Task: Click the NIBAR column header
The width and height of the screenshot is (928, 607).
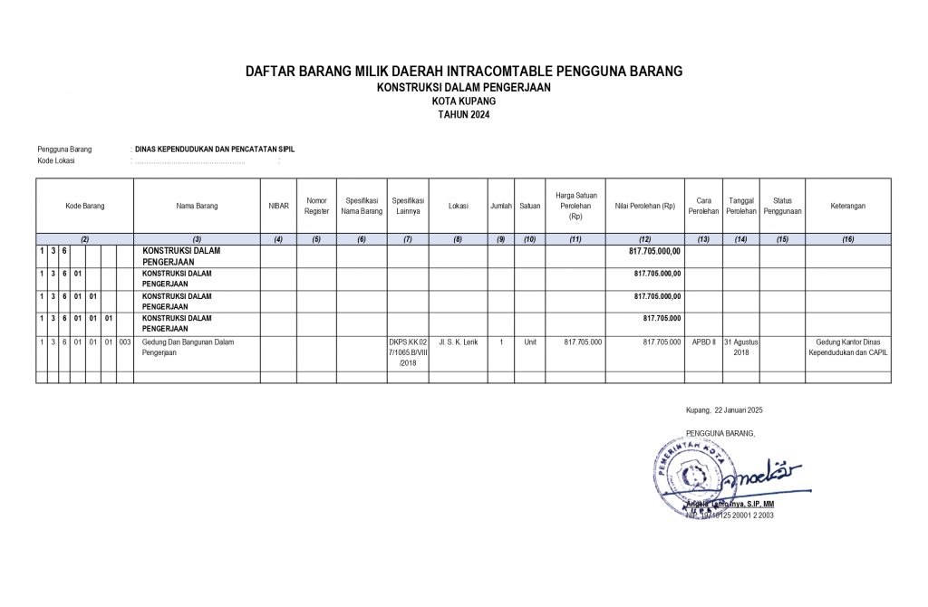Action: coord(278,206)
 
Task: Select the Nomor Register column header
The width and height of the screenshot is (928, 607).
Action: coord(316,206)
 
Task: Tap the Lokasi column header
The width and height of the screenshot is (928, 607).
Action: coord(458,206)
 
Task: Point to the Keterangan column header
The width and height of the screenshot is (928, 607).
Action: coord(847,206)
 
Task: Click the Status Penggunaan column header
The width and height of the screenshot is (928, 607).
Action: coord(782,206)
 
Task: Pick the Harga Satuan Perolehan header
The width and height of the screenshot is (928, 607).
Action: coord(575,206)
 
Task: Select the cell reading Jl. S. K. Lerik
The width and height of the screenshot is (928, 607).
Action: coord(458,342)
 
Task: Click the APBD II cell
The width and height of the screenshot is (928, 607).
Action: coord(703,342)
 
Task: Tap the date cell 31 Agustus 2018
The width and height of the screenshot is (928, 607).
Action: coord(740,347)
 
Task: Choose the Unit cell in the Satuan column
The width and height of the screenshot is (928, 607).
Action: coord(530,342)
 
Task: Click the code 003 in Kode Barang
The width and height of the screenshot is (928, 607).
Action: coord(125,342)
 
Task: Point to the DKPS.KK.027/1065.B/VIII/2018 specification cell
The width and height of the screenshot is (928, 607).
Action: coord(408,352)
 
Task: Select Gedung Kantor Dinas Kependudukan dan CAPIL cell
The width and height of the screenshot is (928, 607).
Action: coord(847,347)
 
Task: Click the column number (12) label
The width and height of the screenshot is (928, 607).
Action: coord(644,239)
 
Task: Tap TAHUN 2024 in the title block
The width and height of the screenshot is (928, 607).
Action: coord(463,115)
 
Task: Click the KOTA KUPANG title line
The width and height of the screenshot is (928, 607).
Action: coord(463,101)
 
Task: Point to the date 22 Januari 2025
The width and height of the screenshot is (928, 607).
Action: coord(725,410)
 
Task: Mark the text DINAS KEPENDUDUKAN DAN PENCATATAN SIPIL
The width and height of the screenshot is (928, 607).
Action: coord(215,149)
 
